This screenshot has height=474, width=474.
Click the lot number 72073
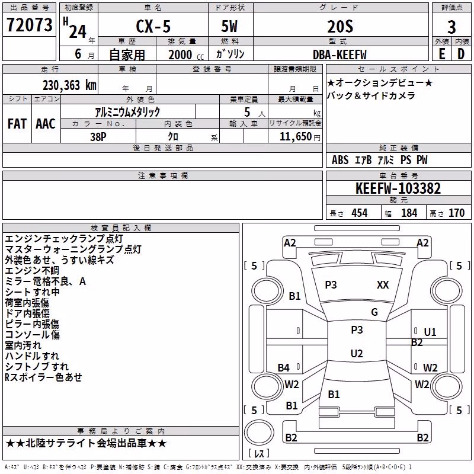[x=29, y=24]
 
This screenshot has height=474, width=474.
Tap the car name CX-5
[x=153, y=26]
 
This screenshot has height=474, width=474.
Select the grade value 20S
[x=340, y=26]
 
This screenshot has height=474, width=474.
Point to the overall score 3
[x=451, y=27]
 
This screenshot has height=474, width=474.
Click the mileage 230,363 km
[x=69, y=85]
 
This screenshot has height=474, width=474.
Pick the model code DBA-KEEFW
[x=340, y=55]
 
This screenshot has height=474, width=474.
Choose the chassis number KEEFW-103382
[x=398, y=188]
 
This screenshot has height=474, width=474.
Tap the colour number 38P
[x=98, y=137]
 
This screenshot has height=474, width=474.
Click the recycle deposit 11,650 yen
[x=300, y=137]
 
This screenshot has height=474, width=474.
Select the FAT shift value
[x=17, y=124]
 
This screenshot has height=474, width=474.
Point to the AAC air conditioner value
[x=46, y=124]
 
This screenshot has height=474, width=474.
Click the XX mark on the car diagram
[x=383, y=285]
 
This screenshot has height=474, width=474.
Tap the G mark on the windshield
[x=374, y=312]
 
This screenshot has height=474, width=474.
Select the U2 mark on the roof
[x=357, y=353]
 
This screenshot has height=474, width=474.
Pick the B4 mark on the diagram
[x=284, y=367]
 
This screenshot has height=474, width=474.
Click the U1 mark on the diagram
[x=430, y=332]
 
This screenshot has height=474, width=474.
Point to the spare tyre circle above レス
[x=259, y=433]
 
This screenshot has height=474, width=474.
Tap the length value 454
[x=360, y=213]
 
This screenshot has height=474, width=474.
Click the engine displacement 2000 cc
[x=186, y=55]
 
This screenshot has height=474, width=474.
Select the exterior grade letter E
[x=441, y=54]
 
